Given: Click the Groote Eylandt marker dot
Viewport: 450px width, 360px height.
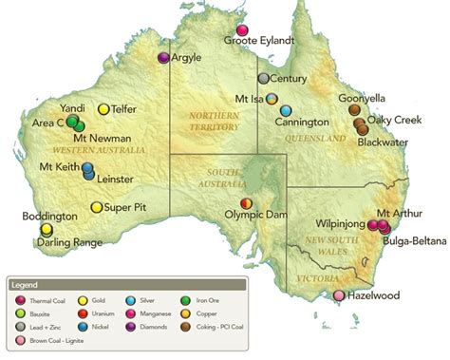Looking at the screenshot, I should [242, 29].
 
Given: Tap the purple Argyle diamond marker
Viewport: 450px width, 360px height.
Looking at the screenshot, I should [163, 59].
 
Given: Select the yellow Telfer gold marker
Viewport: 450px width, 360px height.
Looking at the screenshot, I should [103, 109].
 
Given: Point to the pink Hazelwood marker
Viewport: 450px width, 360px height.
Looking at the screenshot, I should [339, 295].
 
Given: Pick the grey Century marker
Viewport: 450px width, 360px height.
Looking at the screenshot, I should [264, 79].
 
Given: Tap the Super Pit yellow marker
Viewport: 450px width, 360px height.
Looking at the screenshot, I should [96, 207].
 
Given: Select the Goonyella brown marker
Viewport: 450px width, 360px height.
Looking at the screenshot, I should [354, 110].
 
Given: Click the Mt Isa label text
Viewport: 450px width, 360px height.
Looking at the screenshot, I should [249, 98].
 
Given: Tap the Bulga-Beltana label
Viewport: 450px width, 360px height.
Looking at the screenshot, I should [417, 241].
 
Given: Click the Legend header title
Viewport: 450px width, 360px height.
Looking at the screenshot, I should [27, 283].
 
